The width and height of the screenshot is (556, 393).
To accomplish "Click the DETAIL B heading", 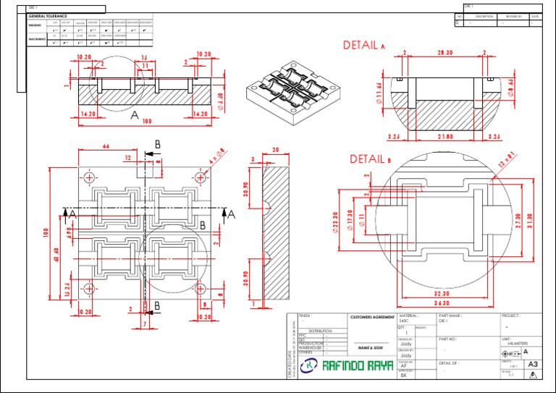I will [370, 159].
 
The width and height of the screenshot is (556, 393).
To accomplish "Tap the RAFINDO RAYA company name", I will [358, 366].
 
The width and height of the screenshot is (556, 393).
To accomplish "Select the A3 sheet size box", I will [533, 364].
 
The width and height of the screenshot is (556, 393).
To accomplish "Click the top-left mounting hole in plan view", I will [90, 177].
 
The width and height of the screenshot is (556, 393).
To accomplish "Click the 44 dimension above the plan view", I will [106, 146].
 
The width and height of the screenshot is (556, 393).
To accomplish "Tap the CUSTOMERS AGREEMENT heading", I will [372, 317].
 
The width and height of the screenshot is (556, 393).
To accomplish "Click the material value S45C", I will [404, 320].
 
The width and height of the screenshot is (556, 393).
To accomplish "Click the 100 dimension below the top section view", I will [147, 121].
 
